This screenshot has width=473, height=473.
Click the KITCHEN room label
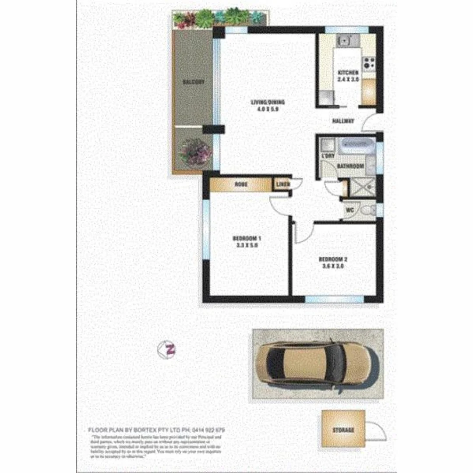(x=348, y=73)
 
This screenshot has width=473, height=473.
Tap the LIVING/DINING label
(x=268, y=102)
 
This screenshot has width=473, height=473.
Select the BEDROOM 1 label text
(x=247, y=238)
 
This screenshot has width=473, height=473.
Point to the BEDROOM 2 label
(x=333, y=259)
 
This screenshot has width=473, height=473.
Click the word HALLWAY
(x=343, y=121)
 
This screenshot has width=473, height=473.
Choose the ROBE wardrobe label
(x=240, y=184)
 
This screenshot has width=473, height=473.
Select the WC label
(x=350, y=210)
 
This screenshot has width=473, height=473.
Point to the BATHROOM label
(x=350, y=166)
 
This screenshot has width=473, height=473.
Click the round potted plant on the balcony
(x=195, y=152)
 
